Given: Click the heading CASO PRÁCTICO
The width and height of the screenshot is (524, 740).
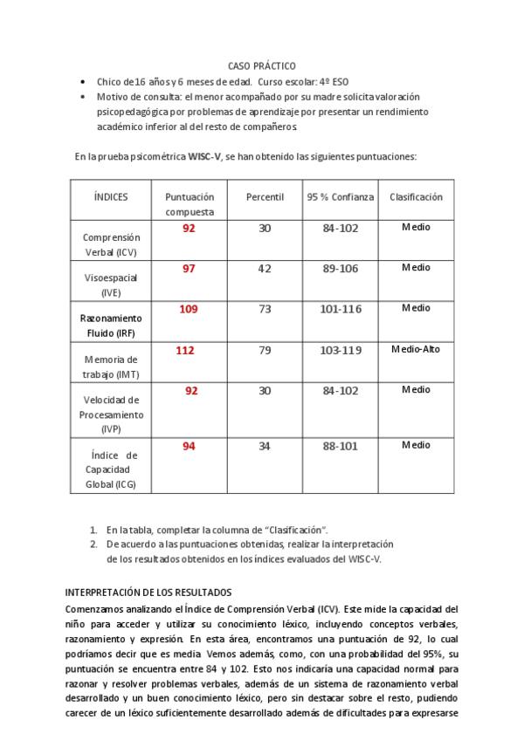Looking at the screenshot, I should tap(261, 66).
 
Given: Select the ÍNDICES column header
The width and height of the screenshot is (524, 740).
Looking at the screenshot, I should tap(111, 197).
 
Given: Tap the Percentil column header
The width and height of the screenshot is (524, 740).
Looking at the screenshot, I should tap(265, 197).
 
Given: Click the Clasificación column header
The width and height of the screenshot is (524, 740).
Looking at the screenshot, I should tap(416, 197).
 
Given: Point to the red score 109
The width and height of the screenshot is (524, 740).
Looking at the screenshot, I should tap(189, 309).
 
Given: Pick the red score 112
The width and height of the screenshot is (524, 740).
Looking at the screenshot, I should tap(185, 351).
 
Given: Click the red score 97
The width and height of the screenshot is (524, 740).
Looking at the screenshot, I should tap(189, 269).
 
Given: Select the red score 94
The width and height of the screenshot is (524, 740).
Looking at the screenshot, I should tap(189, 447).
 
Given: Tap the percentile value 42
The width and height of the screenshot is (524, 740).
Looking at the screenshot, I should tap(265, 270).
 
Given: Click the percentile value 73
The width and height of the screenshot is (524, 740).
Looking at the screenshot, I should tap(265, 310).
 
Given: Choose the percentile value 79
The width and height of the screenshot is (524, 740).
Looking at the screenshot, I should tap(265, 352).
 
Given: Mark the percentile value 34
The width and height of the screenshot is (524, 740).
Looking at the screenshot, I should tap(265, 448).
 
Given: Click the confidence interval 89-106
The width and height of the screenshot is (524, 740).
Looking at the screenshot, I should tap(340, 270).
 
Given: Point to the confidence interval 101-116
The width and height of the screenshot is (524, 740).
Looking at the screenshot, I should tap(340, 310).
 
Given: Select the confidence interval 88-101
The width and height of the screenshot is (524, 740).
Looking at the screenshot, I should tap(340, 448).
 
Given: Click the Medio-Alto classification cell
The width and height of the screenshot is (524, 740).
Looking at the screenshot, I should tap(416, 350).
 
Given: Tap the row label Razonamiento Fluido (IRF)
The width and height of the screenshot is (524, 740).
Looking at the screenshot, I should tap(111, 325).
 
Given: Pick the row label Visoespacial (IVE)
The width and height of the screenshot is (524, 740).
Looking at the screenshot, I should tap(111, 285).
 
